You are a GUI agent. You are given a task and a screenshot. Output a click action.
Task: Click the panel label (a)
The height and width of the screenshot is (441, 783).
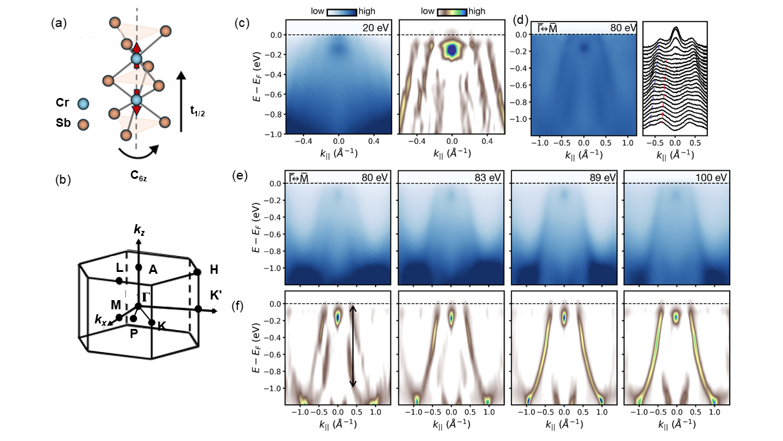pos(59,24)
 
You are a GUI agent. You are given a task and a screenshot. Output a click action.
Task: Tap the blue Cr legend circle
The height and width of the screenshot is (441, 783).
pos(83,104)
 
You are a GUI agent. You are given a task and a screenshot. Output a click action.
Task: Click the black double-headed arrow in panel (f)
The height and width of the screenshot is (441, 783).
pos(352,346)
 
